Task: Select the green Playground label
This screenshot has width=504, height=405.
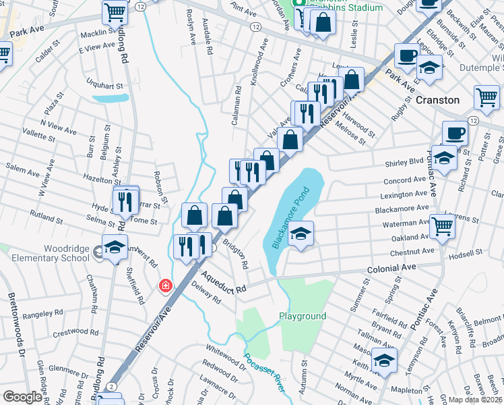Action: coord(303,316)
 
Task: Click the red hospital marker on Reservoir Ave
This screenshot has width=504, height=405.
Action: coord(165,286)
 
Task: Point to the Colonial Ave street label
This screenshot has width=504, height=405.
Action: coord(391,268)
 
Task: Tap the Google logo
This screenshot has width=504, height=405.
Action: coord(22,397)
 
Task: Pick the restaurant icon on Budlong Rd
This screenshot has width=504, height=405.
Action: coord(125,200)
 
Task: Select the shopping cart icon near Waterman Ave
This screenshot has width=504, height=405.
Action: coord(442,227)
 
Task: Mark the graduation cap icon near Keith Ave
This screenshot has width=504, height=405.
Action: coord(384,360)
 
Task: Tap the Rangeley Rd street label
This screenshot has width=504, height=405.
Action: coord(42,314)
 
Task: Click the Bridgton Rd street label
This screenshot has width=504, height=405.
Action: coord(237,254)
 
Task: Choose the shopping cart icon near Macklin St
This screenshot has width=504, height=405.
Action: coord(115,11)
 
